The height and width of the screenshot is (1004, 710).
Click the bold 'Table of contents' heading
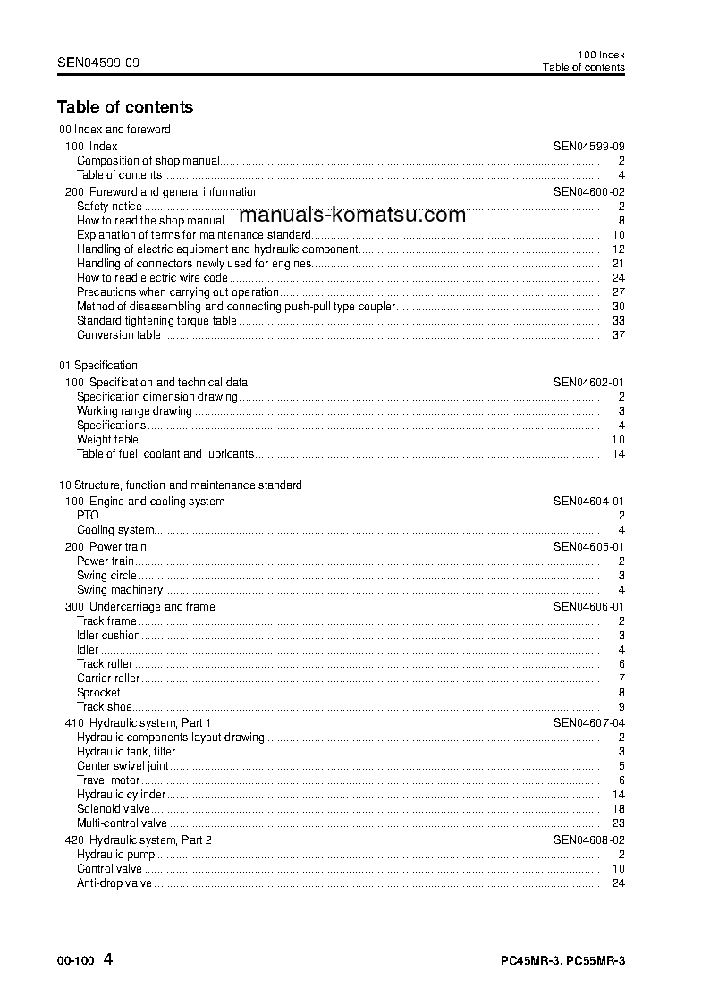pos(124,107)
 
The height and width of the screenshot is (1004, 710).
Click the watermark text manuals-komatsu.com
pos(353,215)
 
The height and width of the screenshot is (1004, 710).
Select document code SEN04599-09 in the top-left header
pos(97,63)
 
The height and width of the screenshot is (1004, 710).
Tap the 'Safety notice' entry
pos(109,207)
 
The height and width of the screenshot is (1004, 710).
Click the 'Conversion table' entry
pos(119,335)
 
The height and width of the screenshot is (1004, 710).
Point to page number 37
pos(618,335)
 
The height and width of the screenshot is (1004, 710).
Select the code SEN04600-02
pos(588,192)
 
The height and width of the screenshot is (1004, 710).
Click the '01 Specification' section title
pos(98,366)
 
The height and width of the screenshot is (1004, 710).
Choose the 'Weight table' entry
pos(107,440)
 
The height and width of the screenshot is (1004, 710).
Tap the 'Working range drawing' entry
pos(134,411)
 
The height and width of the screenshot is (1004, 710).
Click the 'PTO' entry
pos(88,516)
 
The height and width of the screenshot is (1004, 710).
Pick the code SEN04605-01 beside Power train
pos(588,547)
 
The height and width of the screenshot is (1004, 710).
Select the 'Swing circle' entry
pos(106,576)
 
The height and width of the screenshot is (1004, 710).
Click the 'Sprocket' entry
pos(98,693)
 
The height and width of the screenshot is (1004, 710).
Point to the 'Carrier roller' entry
pos(108,679)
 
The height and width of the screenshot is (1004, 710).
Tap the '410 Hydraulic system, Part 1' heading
pos(138,722)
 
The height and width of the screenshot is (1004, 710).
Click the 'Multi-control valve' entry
pos(122,823)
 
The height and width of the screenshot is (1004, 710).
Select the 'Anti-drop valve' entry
pos(114,883)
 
